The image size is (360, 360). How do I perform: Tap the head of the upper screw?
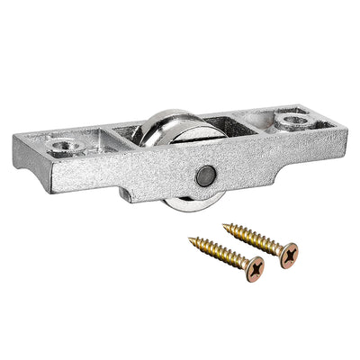pyautogui.click(x=288, y=256)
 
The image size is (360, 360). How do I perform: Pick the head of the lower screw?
pyautogui.click(x=257, y=268)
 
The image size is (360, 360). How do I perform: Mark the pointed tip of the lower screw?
pyautogui.click(x=190, y=239)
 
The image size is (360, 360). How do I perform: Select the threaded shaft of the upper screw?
pyautogui.click(x=253, y=240)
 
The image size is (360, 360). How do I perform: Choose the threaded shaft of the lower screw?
pyautogui.click(x=220, y=253)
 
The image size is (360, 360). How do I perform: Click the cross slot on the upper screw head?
pyautogui.click(x=289, y=256)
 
